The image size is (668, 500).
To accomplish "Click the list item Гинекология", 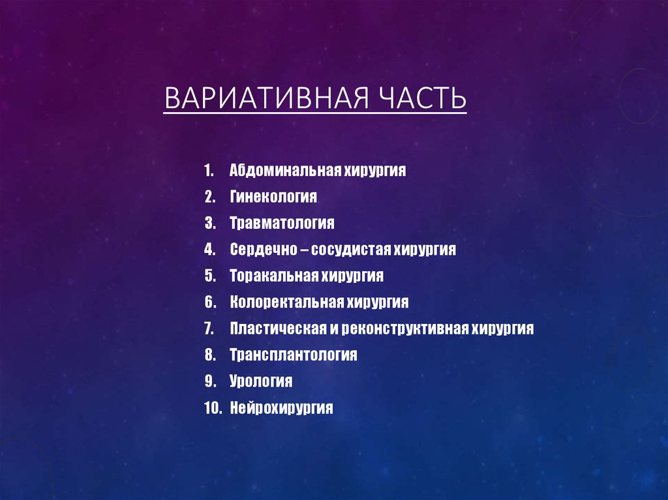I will pyautogui.click(x=273, y=197).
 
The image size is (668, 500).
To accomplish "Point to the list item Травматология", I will pyautogui.click(x=282, y=224).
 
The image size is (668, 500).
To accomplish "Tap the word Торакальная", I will pyautogui.click(x=273, y=276).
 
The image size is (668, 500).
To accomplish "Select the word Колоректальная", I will pyautogui.click(x=286, y=302).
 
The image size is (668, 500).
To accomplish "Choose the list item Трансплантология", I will pyautogui.click(x=294, y=355).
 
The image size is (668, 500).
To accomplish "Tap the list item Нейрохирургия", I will pyautogui.click(x=282, y=408).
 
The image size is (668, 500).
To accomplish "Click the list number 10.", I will pyautogui.click(x=213, y=408).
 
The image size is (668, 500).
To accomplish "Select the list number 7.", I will pyautogui.click(x=209, y=329).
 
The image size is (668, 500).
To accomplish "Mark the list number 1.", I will pyautogui.click(x=209, y=171).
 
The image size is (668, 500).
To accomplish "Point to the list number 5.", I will pyautogui.click(x=209, y=276).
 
